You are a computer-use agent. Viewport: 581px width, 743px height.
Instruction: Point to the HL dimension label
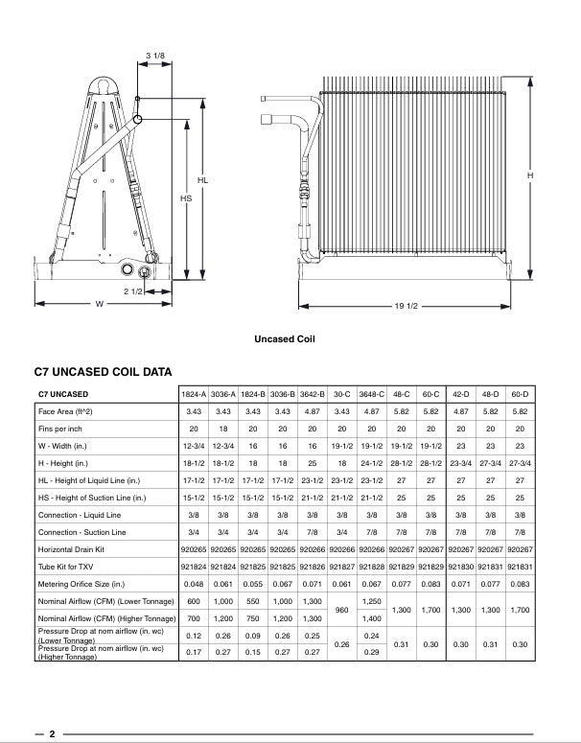click(203, 179)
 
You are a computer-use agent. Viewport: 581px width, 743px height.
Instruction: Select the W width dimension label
click(99, 304)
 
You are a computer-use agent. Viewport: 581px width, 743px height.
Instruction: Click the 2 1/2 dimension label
click(131, 290)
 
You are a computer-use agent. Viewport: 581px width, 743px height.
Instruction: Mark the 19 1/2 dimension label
click(405, 305)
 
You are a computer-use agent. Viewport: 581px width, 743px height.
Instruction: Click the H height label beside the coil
click(529, 176)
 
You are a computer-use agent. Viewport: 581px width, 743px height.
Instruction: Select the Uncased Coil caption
click(285, 338)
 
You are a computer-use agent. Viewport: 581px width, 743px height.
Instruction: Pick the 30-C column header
click(340, 394)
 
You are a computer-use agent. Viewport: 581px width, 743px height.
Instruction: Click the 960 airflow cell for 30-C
click(340, 610)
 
